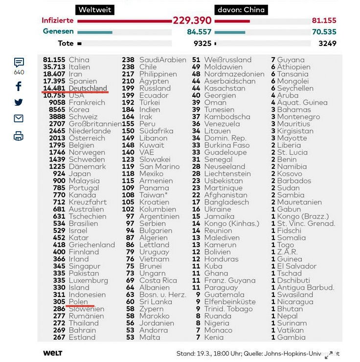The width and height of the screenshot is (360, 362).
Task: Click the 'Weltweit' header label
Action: click(95, 10)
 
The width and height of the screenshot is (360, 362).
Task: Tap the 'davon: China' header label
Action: click(241, 10)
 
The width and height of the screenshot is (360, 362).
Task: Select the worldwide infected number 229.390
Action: click(192, 21)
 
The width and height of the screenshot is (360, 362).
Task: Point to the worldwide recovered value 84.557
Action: click(199, 32)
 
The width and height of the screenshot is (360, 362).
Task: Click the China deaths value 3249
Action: click(327, 44)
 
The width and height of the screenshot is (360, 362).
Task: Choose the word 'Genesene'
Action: click(58, 32)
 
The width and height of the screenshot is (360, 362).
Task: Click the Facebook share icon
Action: click(19, 87)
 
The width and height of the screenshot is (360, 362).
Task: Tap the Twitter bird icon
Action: click(19, 103)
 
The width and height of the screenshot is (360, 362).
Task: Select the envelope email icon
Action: click(19, 119)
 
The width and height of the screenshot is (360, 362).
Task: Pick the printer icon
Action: click(19, 136)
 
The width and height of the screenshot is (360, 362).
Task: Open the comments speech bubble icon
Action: click(19, 63)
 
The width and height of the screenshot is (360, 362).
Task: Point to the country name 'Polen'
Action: click(78, 302)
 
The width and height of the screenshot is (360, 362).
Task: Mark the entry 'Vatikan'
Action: click(290, 330)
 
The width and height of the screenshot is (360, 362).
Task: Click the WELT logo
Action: click(52, 353)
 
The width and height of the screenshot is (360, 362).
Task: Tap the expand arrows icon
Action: click(329, 355)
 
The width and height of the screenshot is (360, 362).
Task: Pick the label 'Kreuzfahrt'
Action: click(88, 202)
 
